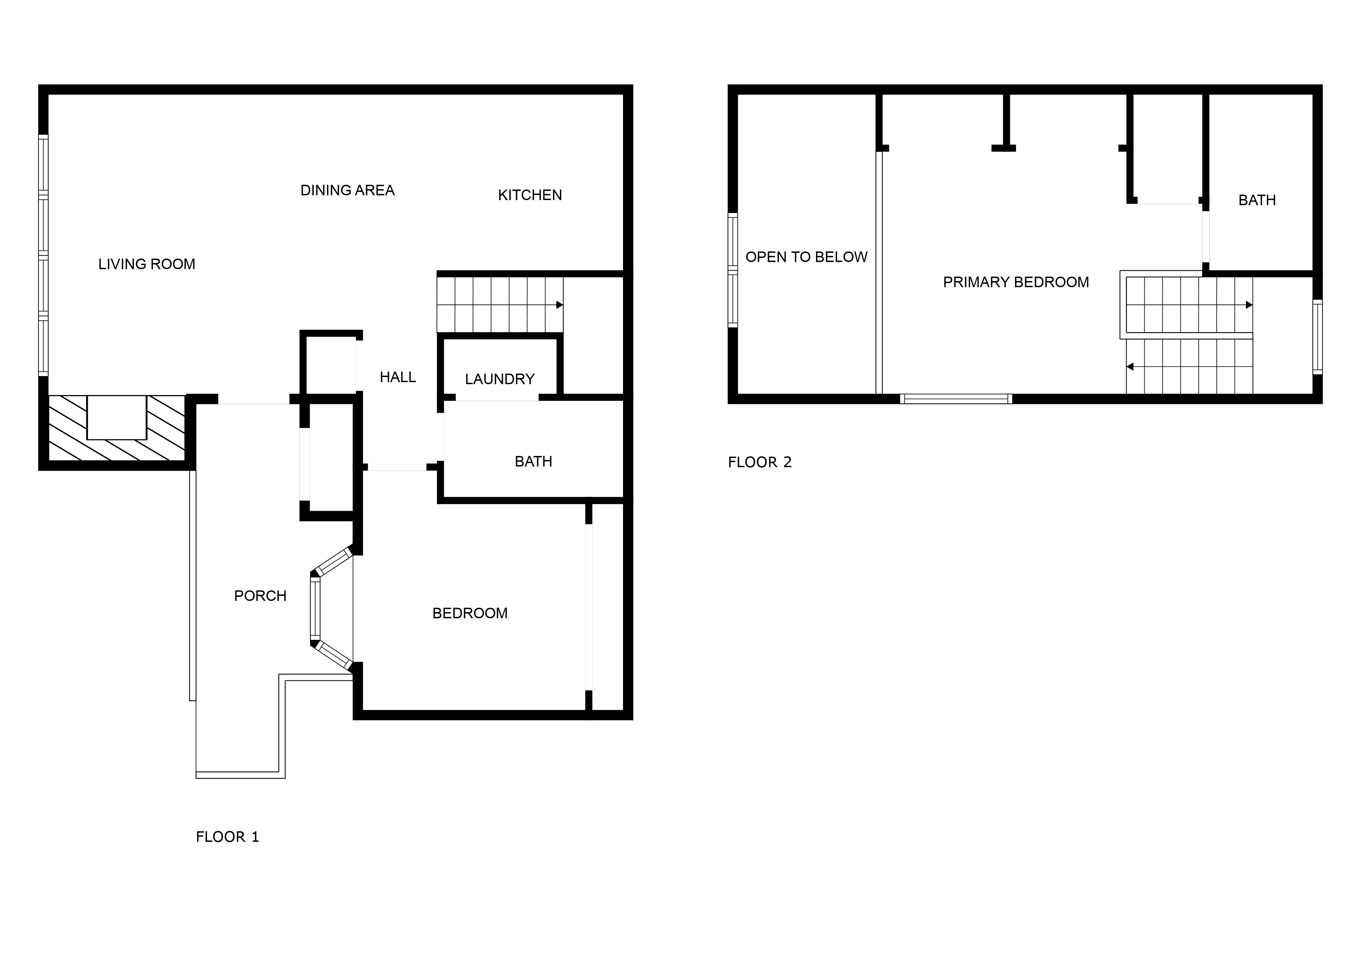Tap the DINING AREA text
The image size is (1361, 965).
point(347,190)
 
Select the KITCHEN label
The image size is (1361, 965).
point(530,195)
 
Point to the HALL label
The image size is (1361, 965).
point(397,377)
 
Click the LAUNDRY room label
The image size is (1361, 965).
point(499,379)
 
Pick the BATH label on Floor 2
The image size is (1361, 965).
point(1257,200)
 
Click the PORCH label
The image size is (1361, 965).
point(260,595)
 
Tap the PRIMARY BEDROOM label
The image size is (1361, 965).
point(1016,282)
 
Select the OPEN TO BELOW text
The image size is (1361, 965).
point(806,257)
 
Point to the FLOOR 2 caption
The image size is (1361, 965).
point(760,462)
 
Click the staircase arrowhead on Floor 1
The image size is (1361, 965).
point(560,305)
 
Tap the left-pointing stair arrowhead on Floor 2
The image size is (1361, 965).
point(1130,366)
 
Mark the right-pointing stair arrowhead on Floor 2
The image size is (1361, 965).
point(1249,305)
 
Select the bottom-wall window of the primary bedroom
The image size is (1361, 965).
point(956,399)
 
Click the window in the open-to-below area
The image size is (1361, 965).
point(733,271)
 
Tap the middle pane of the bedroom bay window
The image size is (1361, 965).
point(315,609)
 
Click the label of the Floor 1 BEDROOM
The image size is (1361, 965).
point(470,613)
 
